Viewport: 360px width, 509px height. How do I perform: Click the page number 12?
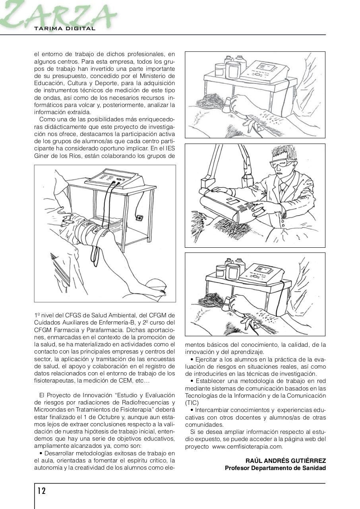point(42,491)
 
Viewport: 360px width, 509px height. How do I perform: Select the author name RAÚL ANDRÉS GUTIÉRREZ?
point(285,460)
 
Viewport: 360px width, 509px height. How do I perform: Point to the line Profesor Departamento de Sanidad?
point(275,468)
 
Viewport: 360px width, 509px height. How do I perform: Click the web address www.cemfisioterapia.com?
point(247,447)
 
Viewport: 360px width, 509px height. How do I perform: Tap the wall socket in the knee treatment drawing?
point(139,217)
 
